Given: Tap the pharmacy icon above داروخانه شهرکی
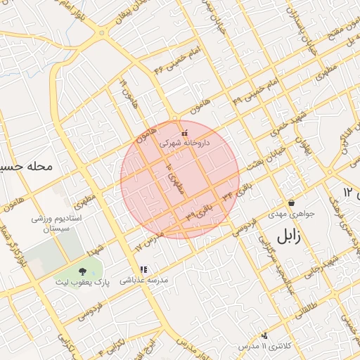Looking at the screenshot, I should (184, 132).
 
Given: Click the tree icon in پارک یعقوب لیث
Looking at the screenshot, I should (83, 271).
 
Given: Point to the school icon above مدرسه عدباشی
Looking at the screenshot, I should (143, 269).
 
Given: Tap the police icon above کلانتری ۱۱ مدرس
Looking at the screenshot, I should (264, 335).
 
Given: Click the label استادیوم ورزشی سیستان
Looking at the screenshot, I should (58, 224).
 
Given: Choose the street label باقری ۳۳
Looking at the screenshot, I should (199, 217).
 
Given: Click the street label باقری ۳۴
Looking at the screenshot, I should (233, 191).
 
